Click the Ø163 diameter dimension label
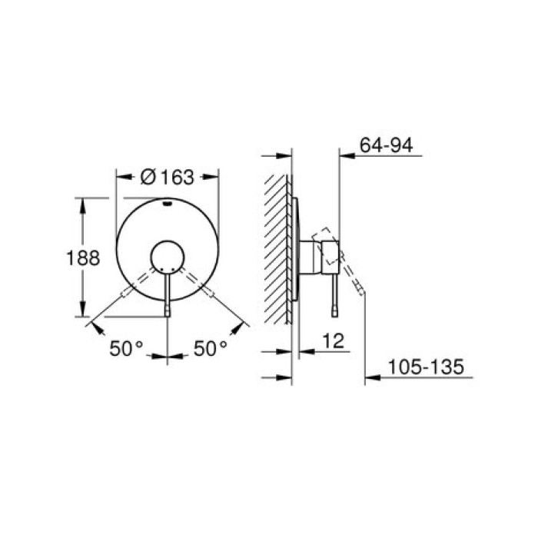tap(167, 177)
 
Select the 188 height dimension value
tap(83, 258)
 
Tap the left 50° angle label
tap(126, 349)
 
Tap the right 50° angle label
tap(210, 349)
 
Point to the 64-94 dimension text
tap(386, 142)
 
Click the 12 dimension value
tap(332, 338)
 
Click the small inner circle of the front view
tap(167, 257)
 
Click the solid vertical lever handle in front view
tap(167, 296)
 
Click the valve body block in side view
tap(320, 254)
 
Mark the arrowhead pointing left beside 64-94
tap(344, 156)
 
